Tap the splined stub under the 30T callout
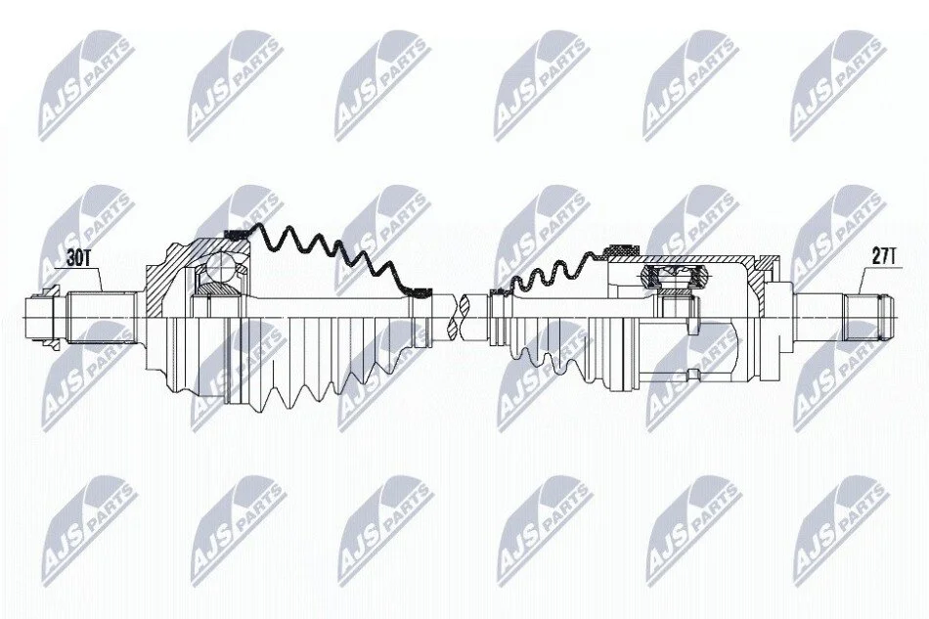pyautogui.click(x=99, y=318)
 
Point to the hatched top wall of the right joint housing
pyautogui.click(x=682, y=259)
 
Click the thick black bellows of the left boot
pyautogui.click(x=332, y=253)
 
